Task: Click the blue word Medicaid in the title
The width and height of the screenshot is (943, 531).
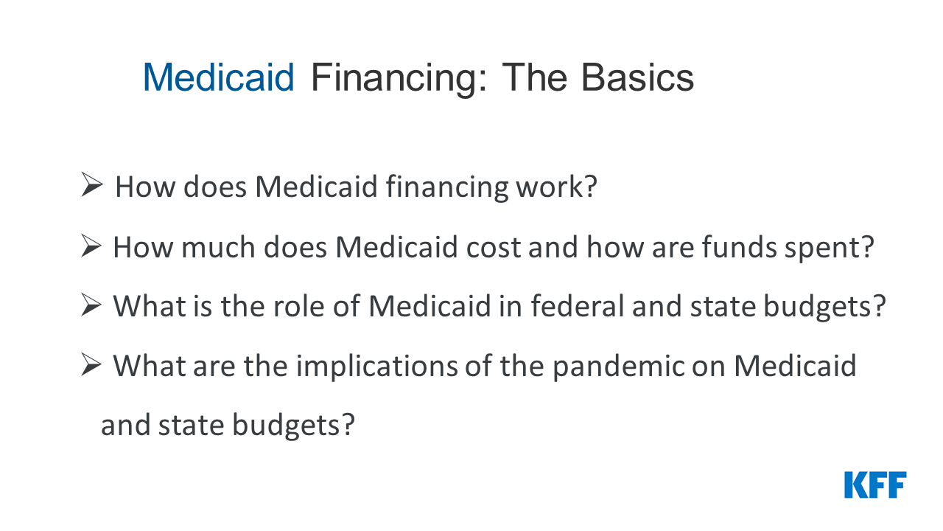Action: click(219, 77)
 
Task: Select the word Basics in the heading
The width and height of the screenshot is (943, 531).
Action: click(637, 77)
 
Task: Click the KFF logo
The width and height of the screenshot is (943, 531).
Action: click(875, 485)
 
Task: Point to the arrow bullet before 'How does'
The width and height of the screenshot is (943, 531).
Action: click(92, 184)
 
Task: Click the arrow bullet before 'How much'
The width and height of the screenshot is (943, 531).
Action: click(91, 246)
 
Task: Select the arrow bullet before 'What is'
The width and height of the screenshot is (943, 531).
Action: click(91, 305)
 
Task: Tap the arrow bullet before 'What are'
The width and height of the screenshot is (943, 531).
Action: click(91, 364)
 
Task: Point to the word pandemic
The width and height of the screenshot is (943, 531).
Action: click(618, 367)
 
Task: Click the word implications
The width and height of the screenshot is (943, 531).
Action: click(376, 367)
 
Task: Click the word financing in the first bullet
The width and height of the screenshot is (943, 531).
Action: click(447, 188)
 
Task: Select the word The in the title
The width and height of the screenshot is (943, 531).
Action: click(535, 77)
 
